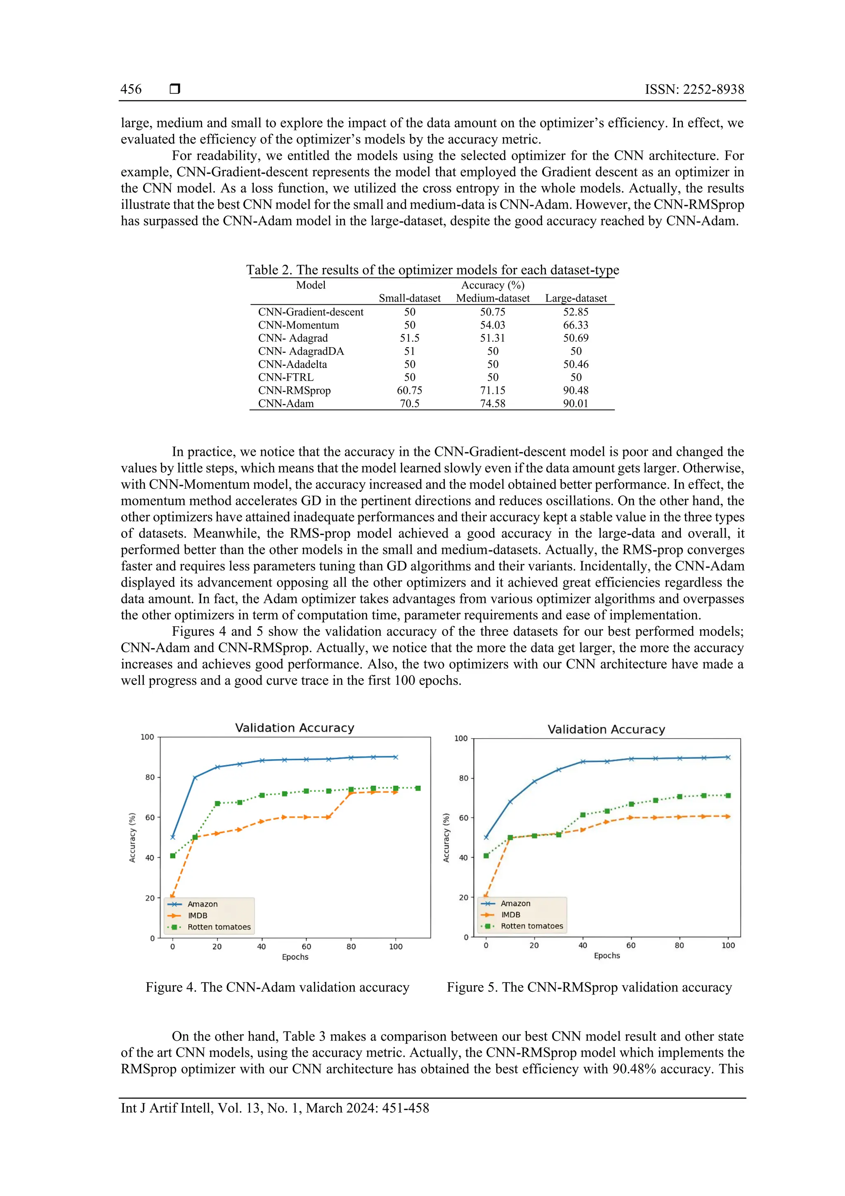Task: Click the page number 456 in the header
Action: (x=131, y=89)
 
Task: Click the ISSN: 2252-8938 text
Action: (x=694, y=89)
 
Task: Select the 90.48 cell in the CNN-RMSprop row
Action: (x=575, y=390)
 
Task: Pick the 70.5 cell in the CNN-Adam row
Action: (x=409, y=403)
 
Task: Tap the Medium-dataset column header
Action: (x=493, y=298)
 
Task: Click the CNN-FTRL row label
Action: (x=286, y=377)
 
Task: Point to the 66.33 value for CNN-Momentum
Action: (x=575, y=324)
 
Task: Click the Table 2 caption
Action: (x=432, y=270)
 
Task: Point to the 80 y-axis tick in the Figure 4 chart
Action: (x=150, y=777)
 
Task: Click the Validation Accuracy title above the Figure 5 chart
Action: (x=606, y=729)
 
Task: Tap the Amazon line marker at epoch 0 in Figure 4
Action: (x=173, y=837)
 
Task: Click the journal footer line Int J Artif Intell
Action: (x=275, y=1108)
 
